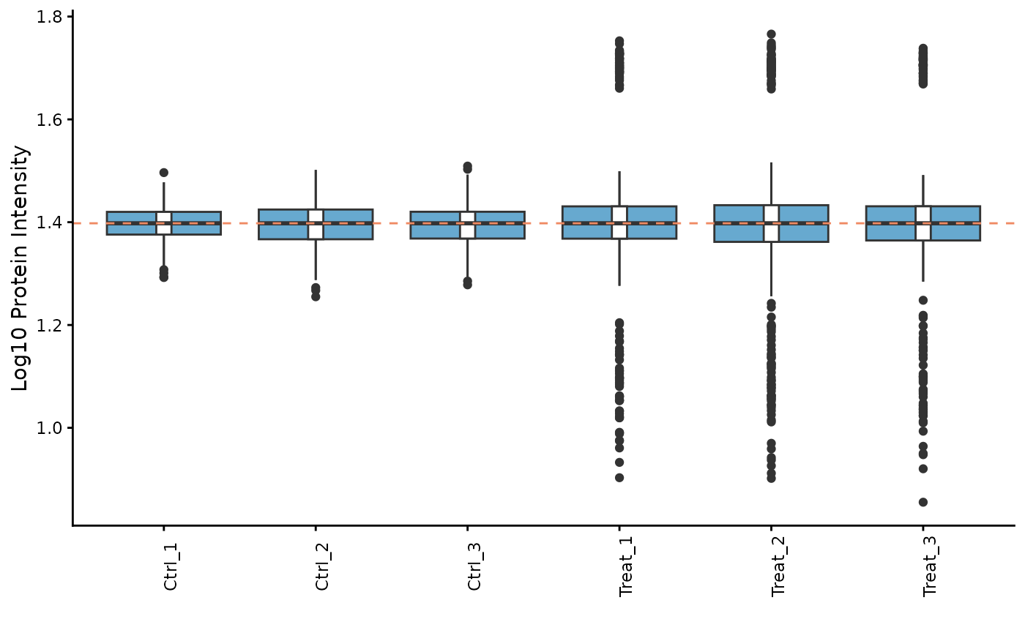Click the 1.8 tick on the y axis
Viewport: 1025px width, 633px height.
[x=51, y=16]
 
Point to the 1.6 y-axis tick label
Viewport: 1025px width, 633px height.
[x=51, y=119]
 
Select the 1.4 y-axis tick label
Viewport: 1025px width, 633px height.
[x=51, y=222]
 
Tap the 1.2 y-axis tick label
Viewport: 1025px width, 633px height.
[x=51, y=325]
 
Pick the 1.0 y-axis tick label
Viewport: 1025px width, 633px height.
[x=51, y=427]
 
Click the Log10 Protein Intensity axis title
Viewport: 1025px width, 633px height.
[x=21, y=268]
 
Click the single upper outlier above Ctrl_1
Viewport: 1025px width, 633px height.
[x=164, y=173]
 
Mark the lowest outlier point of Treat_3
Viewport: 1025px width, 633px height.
[x=923, y=502]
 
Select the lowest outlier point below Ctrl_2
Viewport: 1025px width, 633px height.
[x=316, y=296]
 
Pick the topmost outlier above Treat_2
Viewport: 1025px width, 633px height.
[x=771, y=34]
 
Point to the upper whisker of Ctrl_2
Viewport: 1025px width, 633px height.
[x=316, y=190]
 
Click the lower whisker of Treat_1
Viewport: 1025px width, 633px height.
[x=619, y=261]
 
